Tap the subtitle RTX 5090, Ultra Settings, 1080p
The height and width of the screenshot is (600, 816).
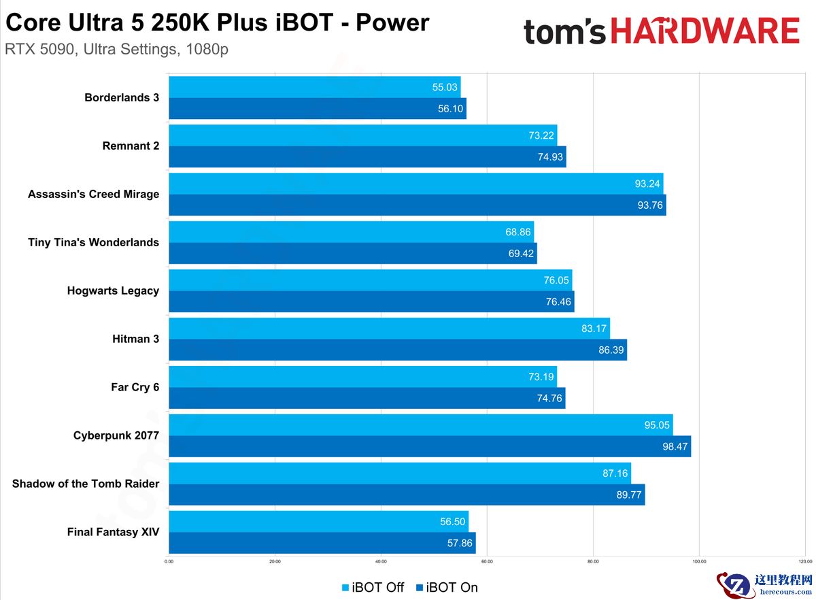coord(116,50)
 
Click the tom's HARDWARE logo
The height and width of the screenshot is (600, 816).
coord(661,31)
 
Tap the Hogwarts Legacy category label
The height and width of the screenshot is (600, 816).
coord(113,290)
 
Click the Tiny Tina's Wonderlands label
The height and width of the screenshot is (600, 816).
coord(93,242)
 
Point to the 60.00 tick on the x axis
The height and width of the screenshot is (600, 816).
coord(487,562)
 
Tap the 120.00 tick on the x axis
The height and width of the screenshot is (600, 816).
coord(804,562)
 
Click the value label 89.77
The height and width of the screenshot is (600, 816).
coord(629,495)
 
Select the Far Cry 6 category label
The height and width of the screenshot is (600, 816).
coord(135,387)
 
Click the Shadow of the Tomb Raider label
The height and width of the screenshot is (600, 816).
coord(86,484)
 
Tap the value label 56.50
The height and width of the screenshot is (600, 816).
coord(452,522)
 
